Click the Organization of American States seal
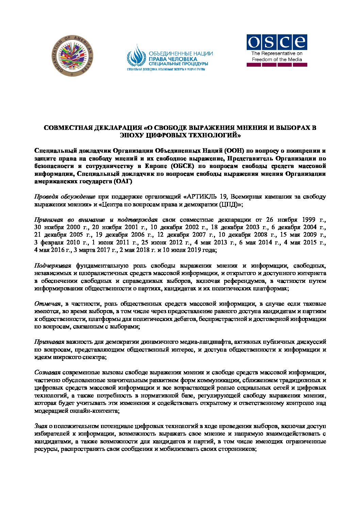[x=72, y=55]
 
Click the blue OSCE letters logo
[x=277, y=42]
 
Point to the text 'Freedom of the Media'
[x=277, y=60]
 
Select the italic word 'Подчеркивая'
[x=53, y=266]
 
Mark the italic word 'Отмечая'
[x=48, y=304]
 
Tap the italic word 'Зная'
[x=41, y=426]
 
